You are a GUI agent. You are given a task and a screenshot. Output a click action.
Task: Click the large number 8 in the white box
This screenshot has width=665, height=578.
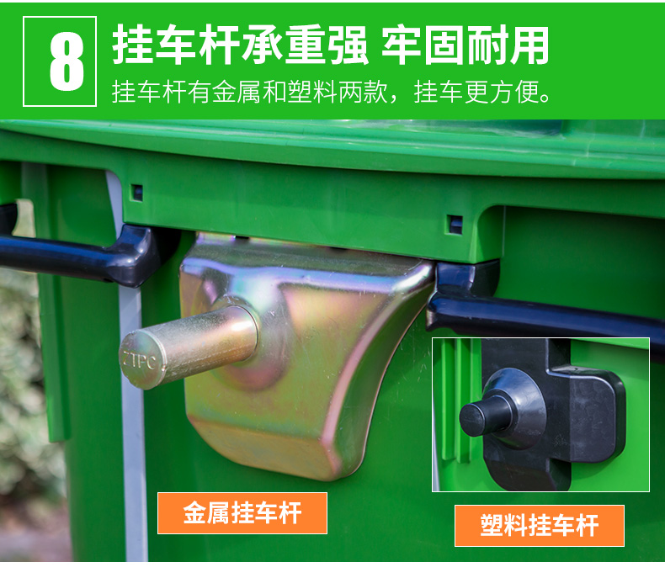[x=66, y=61]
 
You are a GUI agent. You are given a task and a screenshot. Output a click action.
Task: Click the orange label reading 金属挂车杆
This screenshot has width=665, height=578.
[x=242, y=512]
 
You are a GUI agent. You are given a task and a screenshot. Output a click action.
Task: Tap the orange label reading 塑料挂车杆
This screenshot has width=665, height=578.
[x=540, y=526]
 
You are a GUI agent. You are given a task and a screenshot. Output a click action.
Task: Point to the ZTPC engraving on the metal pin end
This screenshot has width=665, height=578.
[x=140, y=360]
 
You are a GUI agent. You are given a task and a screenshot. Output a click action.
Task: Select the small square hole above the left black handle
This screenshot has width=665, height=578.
[x=136, y=193]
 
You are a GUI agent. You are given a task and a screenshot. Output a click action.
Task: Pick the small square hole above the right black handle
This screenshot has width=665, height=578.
[x=455, y=224]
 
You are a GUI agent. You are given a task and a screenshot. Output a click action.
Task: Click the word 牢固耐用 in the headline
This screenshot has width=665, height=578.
[x=465, y=45]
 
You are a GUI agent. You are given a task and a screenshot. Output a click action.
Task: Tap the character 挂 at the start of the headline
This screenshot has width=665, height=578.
[x=133, y=45]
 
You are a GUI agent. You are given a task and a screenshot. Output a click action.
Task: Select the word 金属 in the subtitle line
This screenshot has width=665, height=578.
[x=237, y=92]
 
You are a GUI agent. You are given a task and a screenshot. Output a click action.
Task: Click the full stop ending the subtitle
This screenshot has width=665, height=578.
[x=545, y=98]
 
